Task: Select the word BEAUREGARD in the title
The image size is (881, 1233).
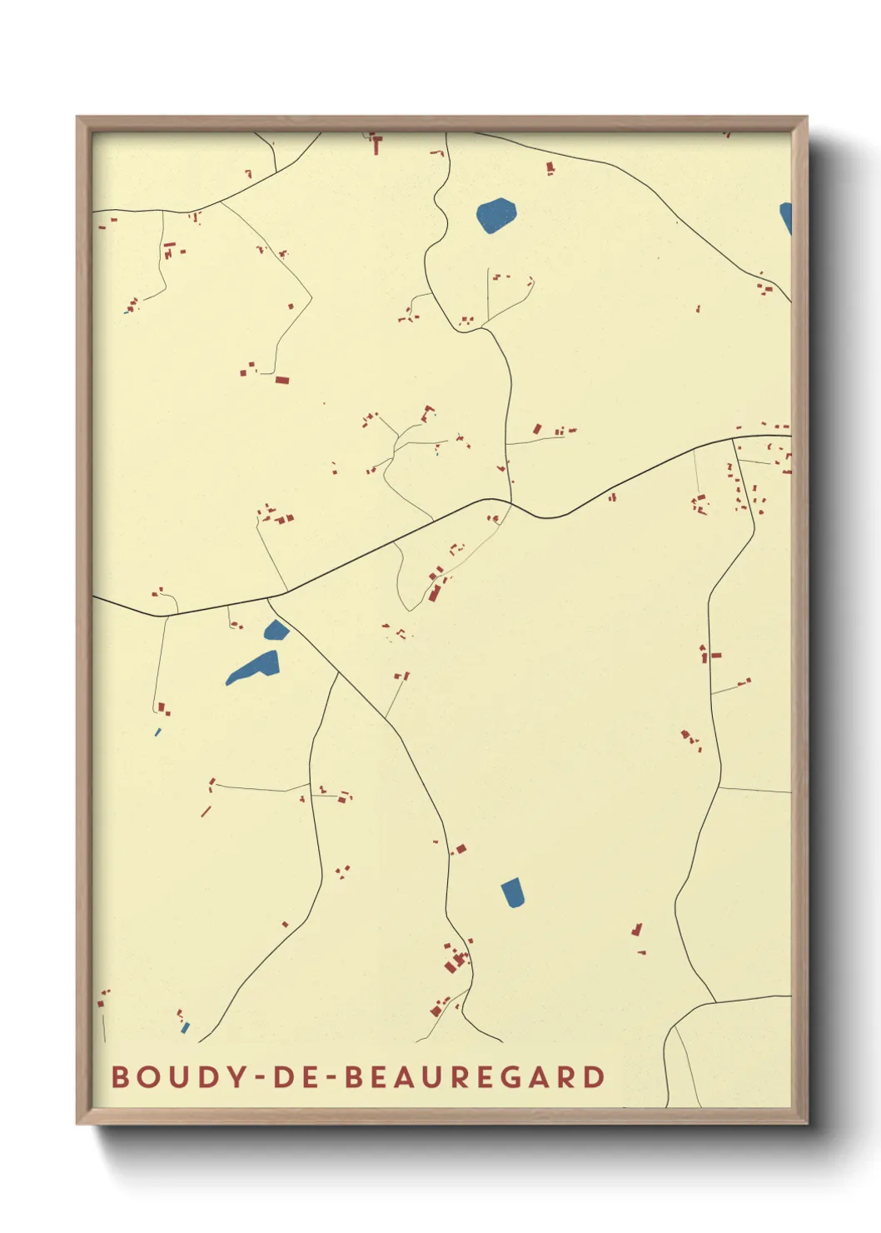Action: [x=475, y=1076]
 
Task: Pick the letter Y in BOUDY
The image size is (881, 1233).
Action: [x=236, y=1076]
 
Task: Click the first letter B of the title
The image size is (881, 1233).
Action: [x=121, y=1076]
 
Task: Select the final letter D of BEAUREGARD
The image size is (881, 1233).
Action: [x=594, y=1076]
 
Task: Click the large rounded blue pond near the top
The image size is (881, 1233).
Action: [x=496, y=215]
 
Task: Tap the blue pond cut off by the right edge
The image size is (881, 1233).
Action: [x=785, y=217]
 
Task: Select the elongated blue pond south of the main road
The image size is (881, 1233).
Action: [x=254, y=668]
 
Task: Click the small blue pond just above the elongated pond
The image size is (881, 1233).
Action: [x=276, y=631]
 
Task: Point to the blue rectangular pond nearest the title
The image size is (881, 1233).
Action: [x=513, y=892]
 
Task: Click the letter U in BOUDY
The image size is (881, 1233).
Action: [x=178, y=1076]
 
